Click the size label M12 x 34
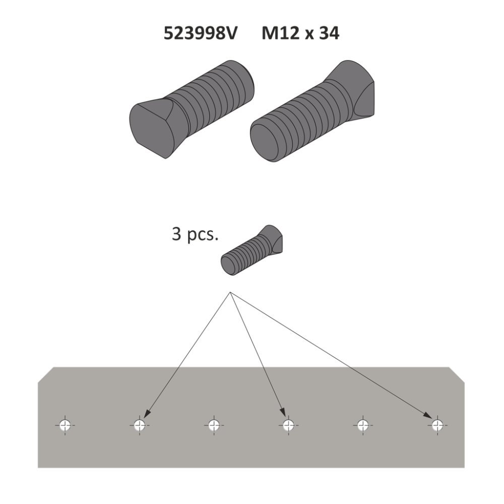pyautogui.click(x=300, y=33)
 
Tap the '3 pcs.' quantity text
pyautogui.click(x=195, y=234)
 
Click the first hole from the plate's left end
pyautogui.click(x=65, y=425)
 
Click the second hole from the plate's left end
pyautogui.click(x=140, y=425)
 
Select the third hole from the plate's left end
pyautogui.click(x=213, y=425)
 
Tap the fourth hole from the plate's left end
pyautogui.click(x=287, y=425)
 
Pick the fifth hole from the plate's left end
pyautogui.click(x=362, y=425)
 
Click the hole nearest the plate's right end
pyautogui.click(x=436, y=425)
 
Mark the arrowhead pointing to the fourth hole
pyautogui.click(x=283, y=413)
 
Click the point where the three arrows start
pyautogui.click(x=230, y=292)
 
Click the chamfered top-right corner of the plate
pyautogui.click(x=456, y=373)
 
